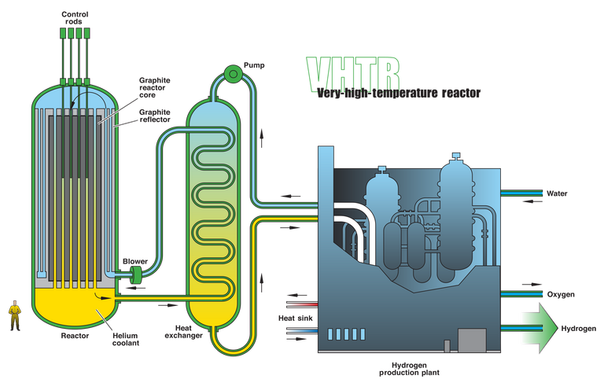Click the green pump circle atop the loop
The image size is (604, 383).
click(x=233, y=73)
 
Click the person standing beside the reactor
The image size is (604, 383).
click(x=15, y=315)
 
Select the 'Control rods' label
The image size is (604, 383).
click(x=75, y=18)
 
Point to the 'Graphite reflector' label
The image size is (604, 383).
click(x=154, y=116)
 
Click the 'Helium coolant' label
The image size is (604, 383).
click(x=126, y=339)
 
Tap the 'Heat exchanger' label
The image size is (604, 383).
click(x=183, y=332)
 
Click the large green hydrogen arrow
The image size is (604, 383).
click(x=540, y=328)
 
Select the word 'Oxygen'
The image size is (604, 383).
click(x=561, y=294)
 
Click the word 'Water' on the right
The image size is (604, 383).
click(x=557, y=193)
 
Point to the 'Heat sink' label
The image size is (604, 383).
click(x=296, y=319)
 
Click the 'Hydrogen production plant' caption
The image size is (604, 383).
click(x=409, y=369)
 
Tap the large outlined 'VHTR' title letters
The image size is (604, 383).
click(x=353, y=74)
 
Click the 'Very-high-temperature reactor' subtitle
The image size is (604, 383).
click(x=398, y=93)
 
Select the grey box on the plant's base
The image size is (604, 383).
click(x=472, y=340)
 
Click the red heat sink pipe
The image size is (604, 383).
click(x=302, y=304)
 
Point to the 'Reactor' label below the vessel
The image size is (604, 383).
click(x=75, y=336)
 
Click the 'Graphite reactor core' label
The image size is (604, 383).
click(x=154, y=87)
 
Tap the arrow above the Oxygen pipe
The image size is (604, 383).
click(x=532, y=285)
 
